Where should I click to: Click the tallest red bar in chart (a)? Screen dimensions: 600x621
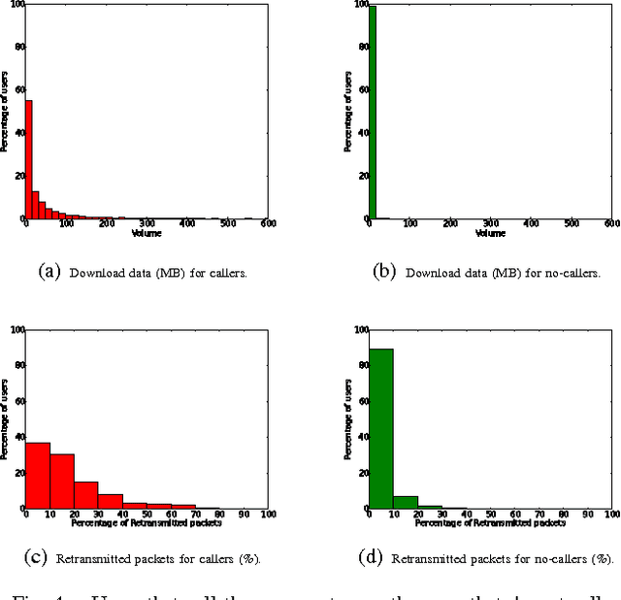tap(28, 160)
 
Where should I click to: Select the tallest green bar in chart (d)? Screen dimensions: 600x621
tap(380, 428)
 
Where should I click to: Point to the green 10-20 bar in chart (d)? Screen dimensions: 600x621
tap(406, 502)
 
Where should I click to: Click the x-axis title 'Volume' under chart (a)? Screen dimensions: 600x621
tap(146, 233)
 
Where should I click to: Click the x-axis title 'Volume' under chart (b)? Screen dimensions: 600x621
tap(490, 233)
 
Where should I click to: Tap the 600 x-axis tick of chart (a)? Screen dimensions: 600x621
tap(268, 224)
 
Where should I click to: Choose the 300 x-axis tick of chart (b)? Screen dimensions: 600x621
tap(491, 224)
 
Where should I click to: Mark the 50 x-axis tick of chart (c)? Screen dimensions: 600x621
tap(147, 514)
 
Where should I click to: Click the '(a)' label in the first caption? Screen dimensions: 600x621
tap(49, 272)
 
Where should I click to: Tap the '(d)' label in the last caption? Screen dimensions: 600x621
tap(373, 558)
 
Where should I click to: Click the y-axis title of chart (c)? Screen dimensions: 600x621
tap(6, 418)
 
